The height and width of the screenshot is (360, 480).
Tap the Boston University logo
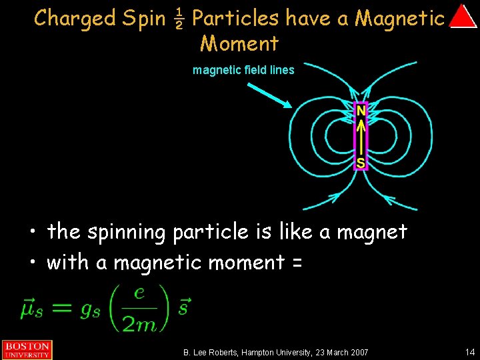(x=27, y=349)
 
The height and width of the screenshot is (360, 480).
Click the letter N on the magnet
(x=360, y=109)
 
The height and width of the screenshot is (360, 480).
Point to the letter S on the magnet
(x=360, y=162)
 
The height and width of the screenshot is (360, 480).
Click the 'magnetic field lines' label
(x=243, y=70)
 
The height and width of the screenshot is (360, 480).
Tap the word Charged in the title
(x=75, y=18)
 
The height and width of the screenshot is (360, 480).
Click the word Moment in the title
(x=239, y=44)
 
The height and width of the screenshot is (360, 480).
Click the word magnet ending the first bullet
(x=372, y=233)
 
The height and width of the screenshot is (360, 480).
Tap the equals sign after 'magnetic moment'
(x=297, y=263)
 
